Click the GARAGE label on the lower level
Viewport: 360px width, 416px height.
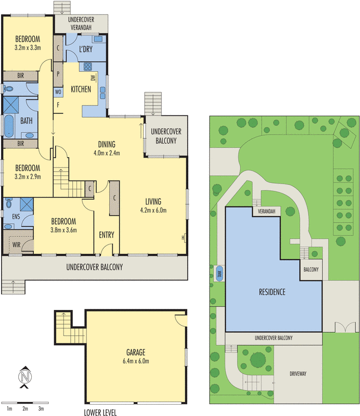click(135, 352)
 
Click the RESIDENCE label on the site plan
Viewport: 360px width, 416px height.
click(272, 292)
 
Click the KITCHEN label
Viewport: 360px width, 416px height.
click(81, 89)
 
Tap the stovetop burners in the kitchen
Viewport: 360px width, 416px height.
click(87, 67)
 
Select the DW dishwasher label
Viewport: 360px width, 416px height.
click(93, 78)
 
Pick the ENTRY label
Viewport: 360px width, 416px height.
click(106, 235)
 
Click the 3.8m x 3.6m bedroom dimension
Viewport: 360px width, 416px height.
click(63, 230)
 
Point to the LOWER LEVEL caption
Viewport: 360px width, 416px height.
click(100, 412)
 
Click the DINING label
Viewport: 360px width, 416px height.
click(107, 145)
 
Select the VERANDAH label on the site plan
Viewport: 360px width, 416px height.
click(266, 211)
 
